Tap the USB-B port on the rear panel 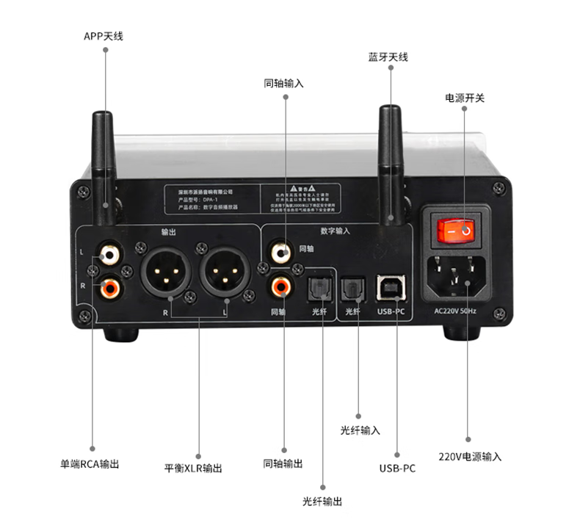coord(388,288)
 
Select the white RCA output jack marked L coord(111,256)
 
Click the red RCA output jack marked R coord(111,286)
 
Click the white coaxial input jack coord(280,253)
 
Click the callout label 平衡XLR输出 coord(193,468)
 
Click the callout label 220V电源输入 coord(470,456)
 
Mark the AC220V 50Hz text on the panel coord(454,311)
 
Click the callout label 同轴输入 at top coord(283,83)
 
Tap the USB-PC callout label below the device coord(397,468)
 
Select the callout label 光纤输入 coord(360,430)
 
